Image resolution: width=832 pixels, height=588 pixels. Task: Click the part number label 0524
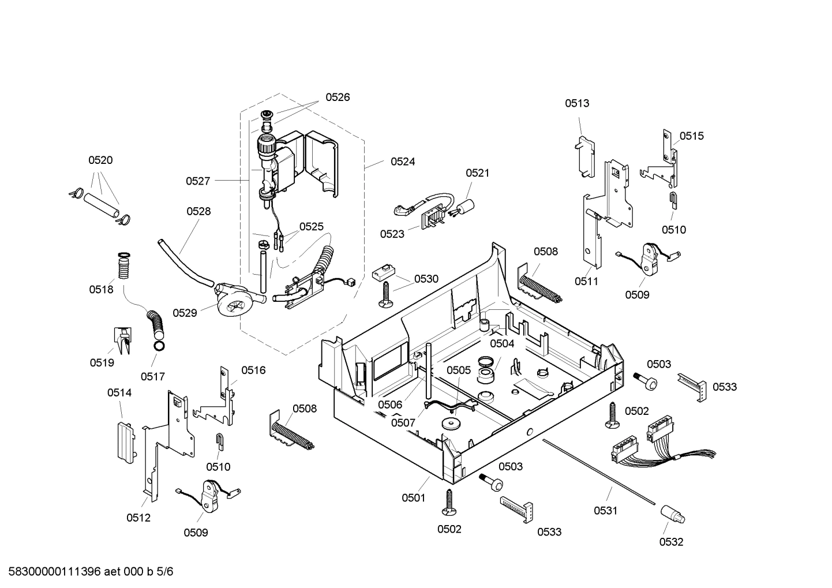coord(403,162)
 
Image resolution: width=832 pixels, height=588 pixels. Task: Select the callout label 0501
coord(414,497)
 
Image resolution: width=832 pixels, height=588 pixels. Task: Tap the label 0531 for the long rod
coord(606,510)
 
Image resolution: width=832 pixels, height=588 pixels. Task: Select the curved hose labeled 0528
coord(183,263)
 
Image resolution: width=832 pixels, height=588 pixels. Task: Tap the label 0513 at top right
coord(577,103)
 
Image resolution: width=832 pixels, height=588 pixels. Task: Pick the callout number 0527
coord(198,181)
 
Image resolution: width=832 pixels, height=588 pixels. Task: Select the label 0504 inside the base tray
coord(502,344)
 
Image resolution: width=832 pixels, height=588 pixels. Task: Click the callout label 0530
coord(426,279)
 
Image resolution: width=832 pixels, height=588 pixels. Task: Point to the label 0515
coord(691,136)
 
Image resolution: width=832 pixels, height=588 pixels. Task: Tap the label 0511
coord(586,282)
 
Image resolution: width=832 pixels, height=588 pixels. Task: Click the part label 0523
coord(392,234)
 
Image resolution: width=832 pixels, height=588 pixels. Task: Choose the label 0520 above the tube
coord(100,160)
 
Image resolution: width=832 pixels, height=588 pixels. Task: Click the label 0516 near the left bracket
coord(253,370)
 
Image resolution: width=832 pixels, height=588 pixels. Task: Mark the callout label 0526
coord(338,98)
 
